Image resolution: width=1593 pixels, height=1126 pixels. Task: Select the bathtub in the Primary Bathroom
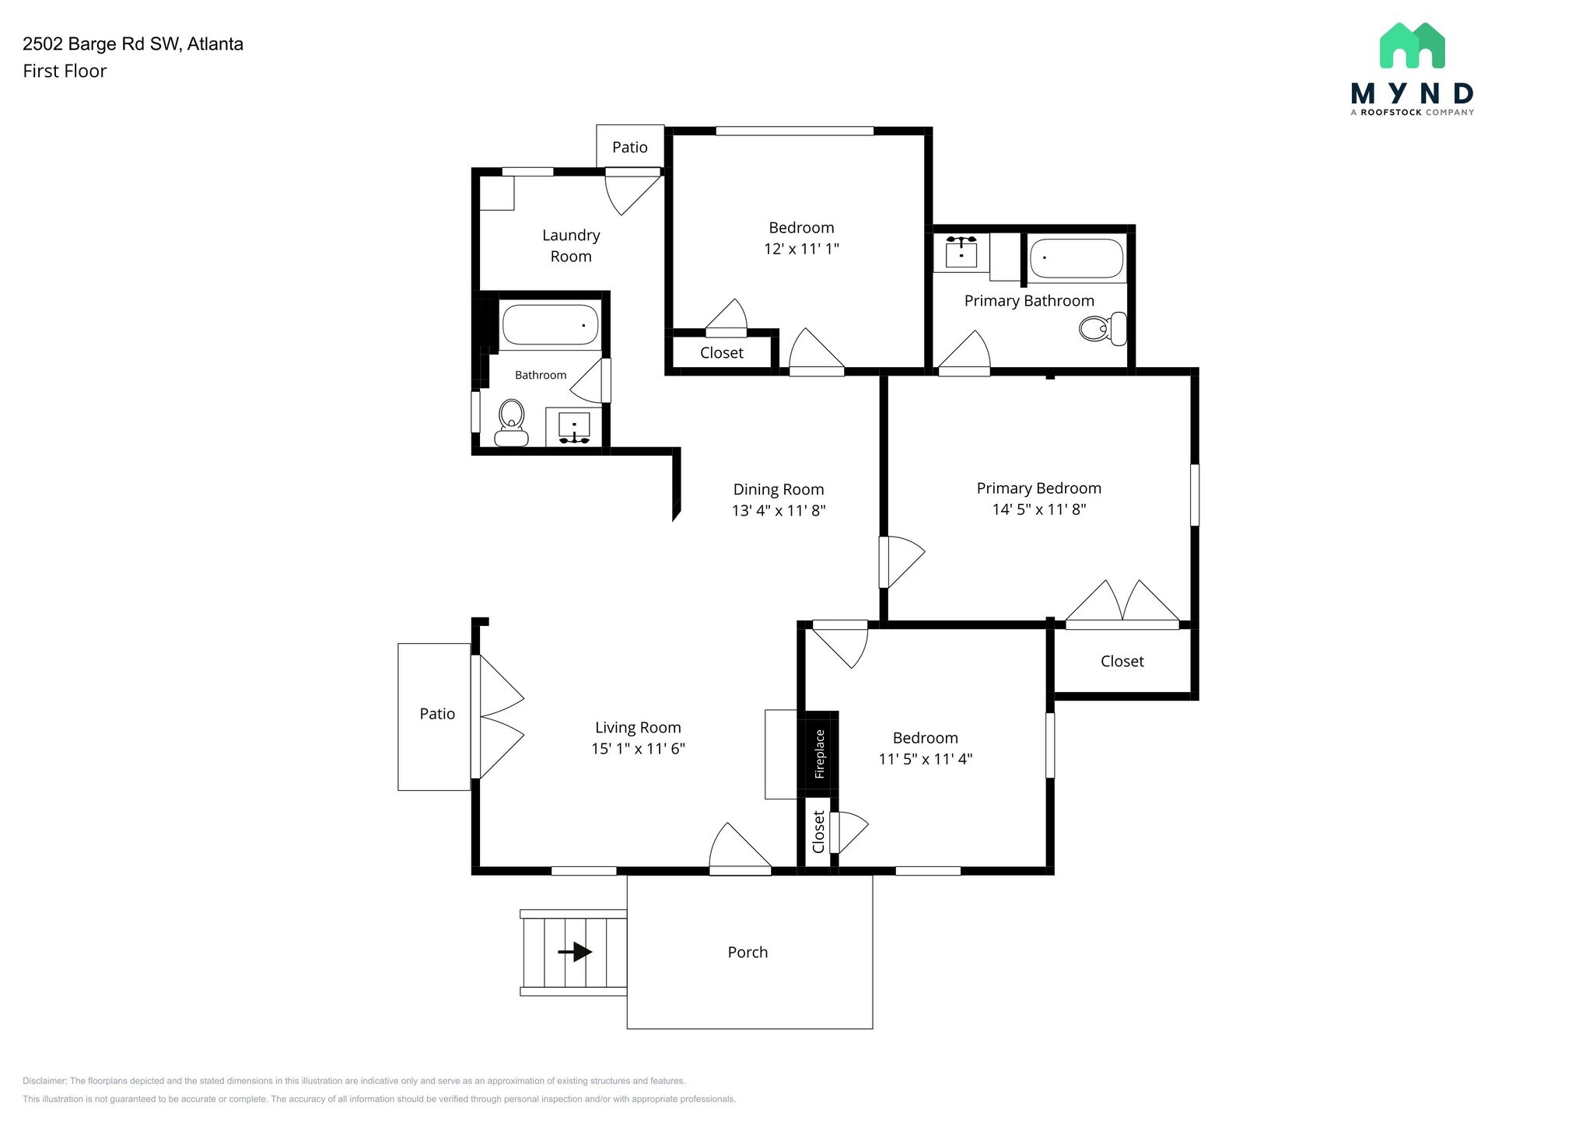1077,259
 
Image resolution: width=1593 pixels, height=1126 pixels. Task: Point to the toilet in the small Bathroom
511,423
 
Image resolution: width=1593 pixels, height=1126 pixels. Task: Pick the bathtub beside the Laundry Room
550,325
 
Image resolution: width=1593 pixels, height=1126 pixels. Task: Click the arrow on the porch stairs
575,952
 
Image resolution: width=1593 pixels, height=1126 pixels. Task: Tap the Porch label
747,953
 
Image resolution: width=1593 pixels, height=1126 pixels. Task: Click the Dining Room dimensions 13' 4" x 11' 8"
779,511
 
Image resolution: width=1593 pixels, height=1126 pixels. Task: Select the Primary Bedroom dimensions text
1039,509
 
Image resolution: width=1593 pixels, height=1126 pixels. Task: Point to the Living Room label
638,728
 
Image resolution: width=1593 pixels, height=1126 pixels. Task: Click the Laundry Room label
571,246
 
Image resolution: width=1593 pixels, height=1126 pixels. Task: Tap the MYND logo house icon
1412,45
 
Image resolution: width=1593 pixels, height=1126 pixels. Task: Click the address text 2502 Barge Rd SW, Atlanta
133,44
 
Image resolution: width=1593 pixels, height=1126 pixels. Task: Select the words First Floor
65,72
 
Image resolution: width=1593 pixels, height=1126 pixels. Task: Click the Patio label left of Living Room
437,714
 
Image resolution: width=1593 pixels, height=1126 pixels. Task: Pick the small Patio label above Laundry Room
630,148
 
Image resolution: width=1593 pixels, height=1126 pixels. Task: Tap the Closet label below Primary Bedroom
1122,662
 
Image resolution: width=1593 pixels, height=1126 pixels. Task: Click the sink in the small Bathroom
574,428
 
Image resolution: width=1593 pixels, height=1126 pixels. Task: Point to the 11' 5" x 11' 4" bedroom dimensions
926,759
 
